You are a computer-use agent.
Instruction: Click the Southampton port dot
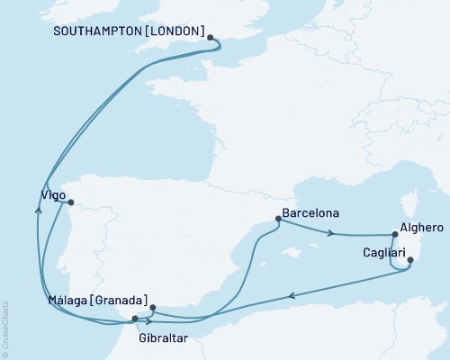(211, 38)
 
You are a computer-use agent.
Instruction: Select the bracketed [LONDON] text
(177, 29)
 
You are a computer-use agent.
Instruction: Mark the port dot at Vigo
(71, 202)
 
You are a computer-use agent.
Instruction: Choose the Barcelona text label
(310, 213)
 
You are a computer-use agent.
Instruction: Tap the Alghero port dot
(395, 234)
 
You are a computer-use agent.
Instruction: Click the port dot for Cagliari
(410, 261)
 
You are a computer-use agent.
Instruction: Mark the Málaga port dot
(152, 308)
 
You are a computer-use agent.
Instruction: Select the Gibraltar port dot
(135, 319)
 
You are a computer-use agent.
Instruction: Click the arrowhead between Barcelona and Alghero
(330, 234)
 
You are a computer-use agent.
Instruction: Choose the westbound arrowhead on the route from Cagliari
(292, 295)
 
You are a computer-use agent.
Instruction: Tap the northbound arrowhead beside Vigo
(38, 208)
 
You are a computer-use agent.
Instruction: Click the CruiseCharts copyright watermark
(5, 329)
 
